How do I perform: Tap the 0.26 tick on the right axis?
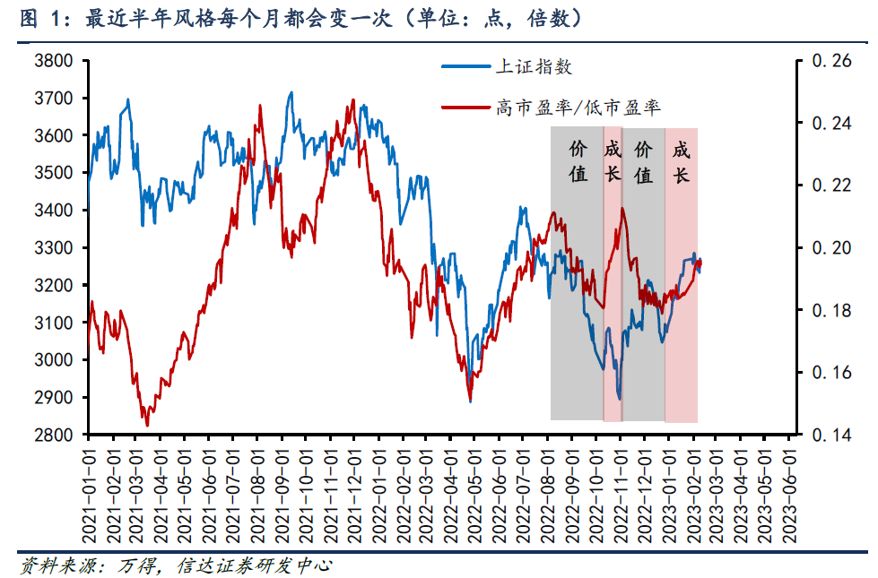click(830, 61)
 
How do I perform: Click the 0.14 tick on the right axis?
click(830, 435)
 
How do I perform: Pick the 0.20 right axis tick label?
click(830, 247)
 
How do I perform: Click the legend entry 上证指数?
click(534, 66)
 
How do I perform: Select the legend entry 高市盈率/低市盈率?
click(578, 108)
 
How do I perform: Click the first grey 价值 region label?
click(579, 161)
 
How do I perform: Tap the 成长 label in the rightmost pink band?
click(681, 161)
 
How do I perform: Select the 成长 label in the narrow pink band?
click(613, 161)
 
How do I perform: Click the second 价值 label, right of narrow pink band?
click(643, 161)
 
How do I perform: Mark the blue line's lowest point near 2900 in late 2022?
click(619, 398)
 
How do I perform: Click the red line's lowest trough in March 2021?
click(147, 425)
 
